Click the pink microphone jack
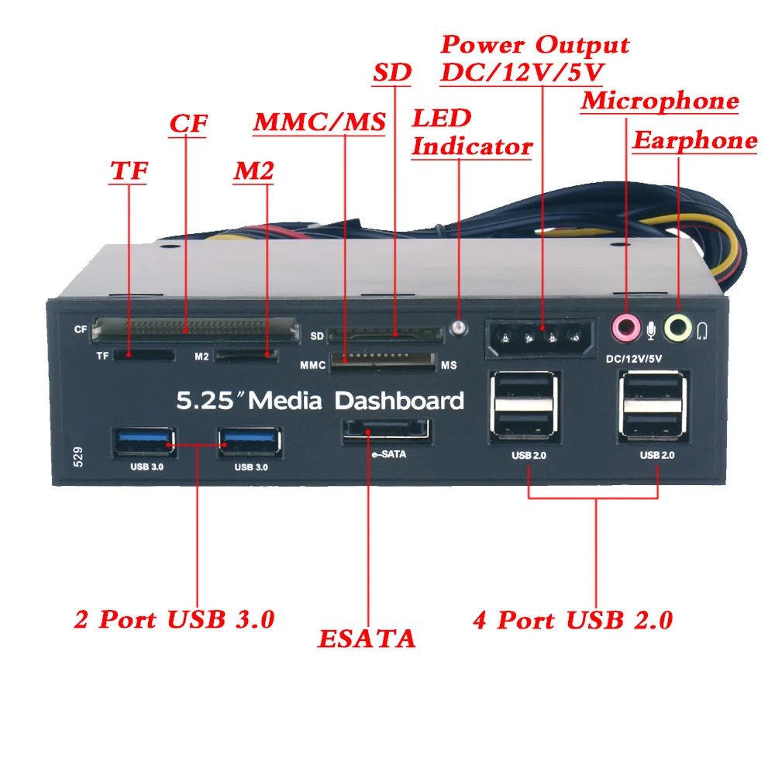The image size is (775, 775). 625,326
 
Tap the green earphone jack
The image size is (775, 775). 678,326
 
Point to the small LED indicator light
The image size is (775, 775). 460,328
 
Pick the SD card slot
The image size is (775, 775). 385,336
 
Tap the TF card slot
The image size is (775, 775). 143,355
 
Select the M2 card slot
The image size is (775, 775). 246,355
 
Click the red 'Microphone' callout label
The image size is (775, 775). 660,101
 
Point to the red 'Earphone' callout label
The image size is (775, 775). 695,140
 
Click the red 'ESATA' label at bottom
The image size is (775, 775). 367,639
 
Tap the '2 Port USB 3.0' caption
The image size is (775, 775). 174,619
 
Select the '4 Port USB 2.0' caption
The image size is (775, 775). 573,620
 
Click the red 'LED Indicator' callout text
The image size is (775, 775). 470,133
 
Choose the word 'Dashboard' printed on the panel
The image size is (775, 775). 399,401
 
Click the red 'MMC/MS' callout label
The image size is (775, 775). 319,122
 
